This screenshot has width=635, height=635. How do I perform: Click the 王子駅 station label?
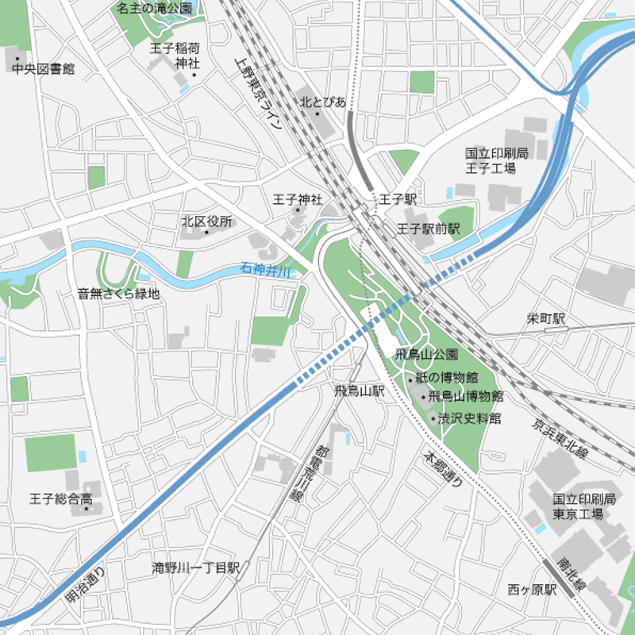(398, 198)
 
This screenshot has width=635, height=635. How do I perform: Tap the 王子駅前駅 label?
(429, 229)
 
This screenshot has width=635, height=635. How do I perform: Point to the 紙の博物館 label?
(447, 377)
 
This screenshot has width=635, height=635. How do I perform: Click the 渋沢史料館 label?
(471, 418)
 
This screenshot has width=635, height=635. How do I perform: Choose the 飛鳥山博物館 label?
(465, 396)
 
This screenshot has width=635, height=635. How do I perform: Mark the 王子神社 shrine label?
(298, 199)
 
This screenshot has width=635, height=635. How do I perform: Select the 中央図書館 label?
(44, 69)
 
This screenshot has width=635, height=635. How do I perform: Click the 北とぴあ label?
(322, 102)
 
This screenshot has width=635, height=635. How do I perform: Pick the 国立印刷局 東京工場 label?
(584, 506)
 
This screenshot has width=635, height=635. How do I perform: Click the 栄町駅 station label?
(547, 319)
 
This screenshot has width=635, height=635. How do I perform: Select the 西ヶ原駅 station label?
(533, 590)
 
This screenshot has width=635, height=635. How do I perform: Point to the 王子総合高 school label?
(60, 499)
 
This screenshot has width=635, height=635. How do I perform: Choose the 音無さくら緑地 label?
(118, 294)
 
